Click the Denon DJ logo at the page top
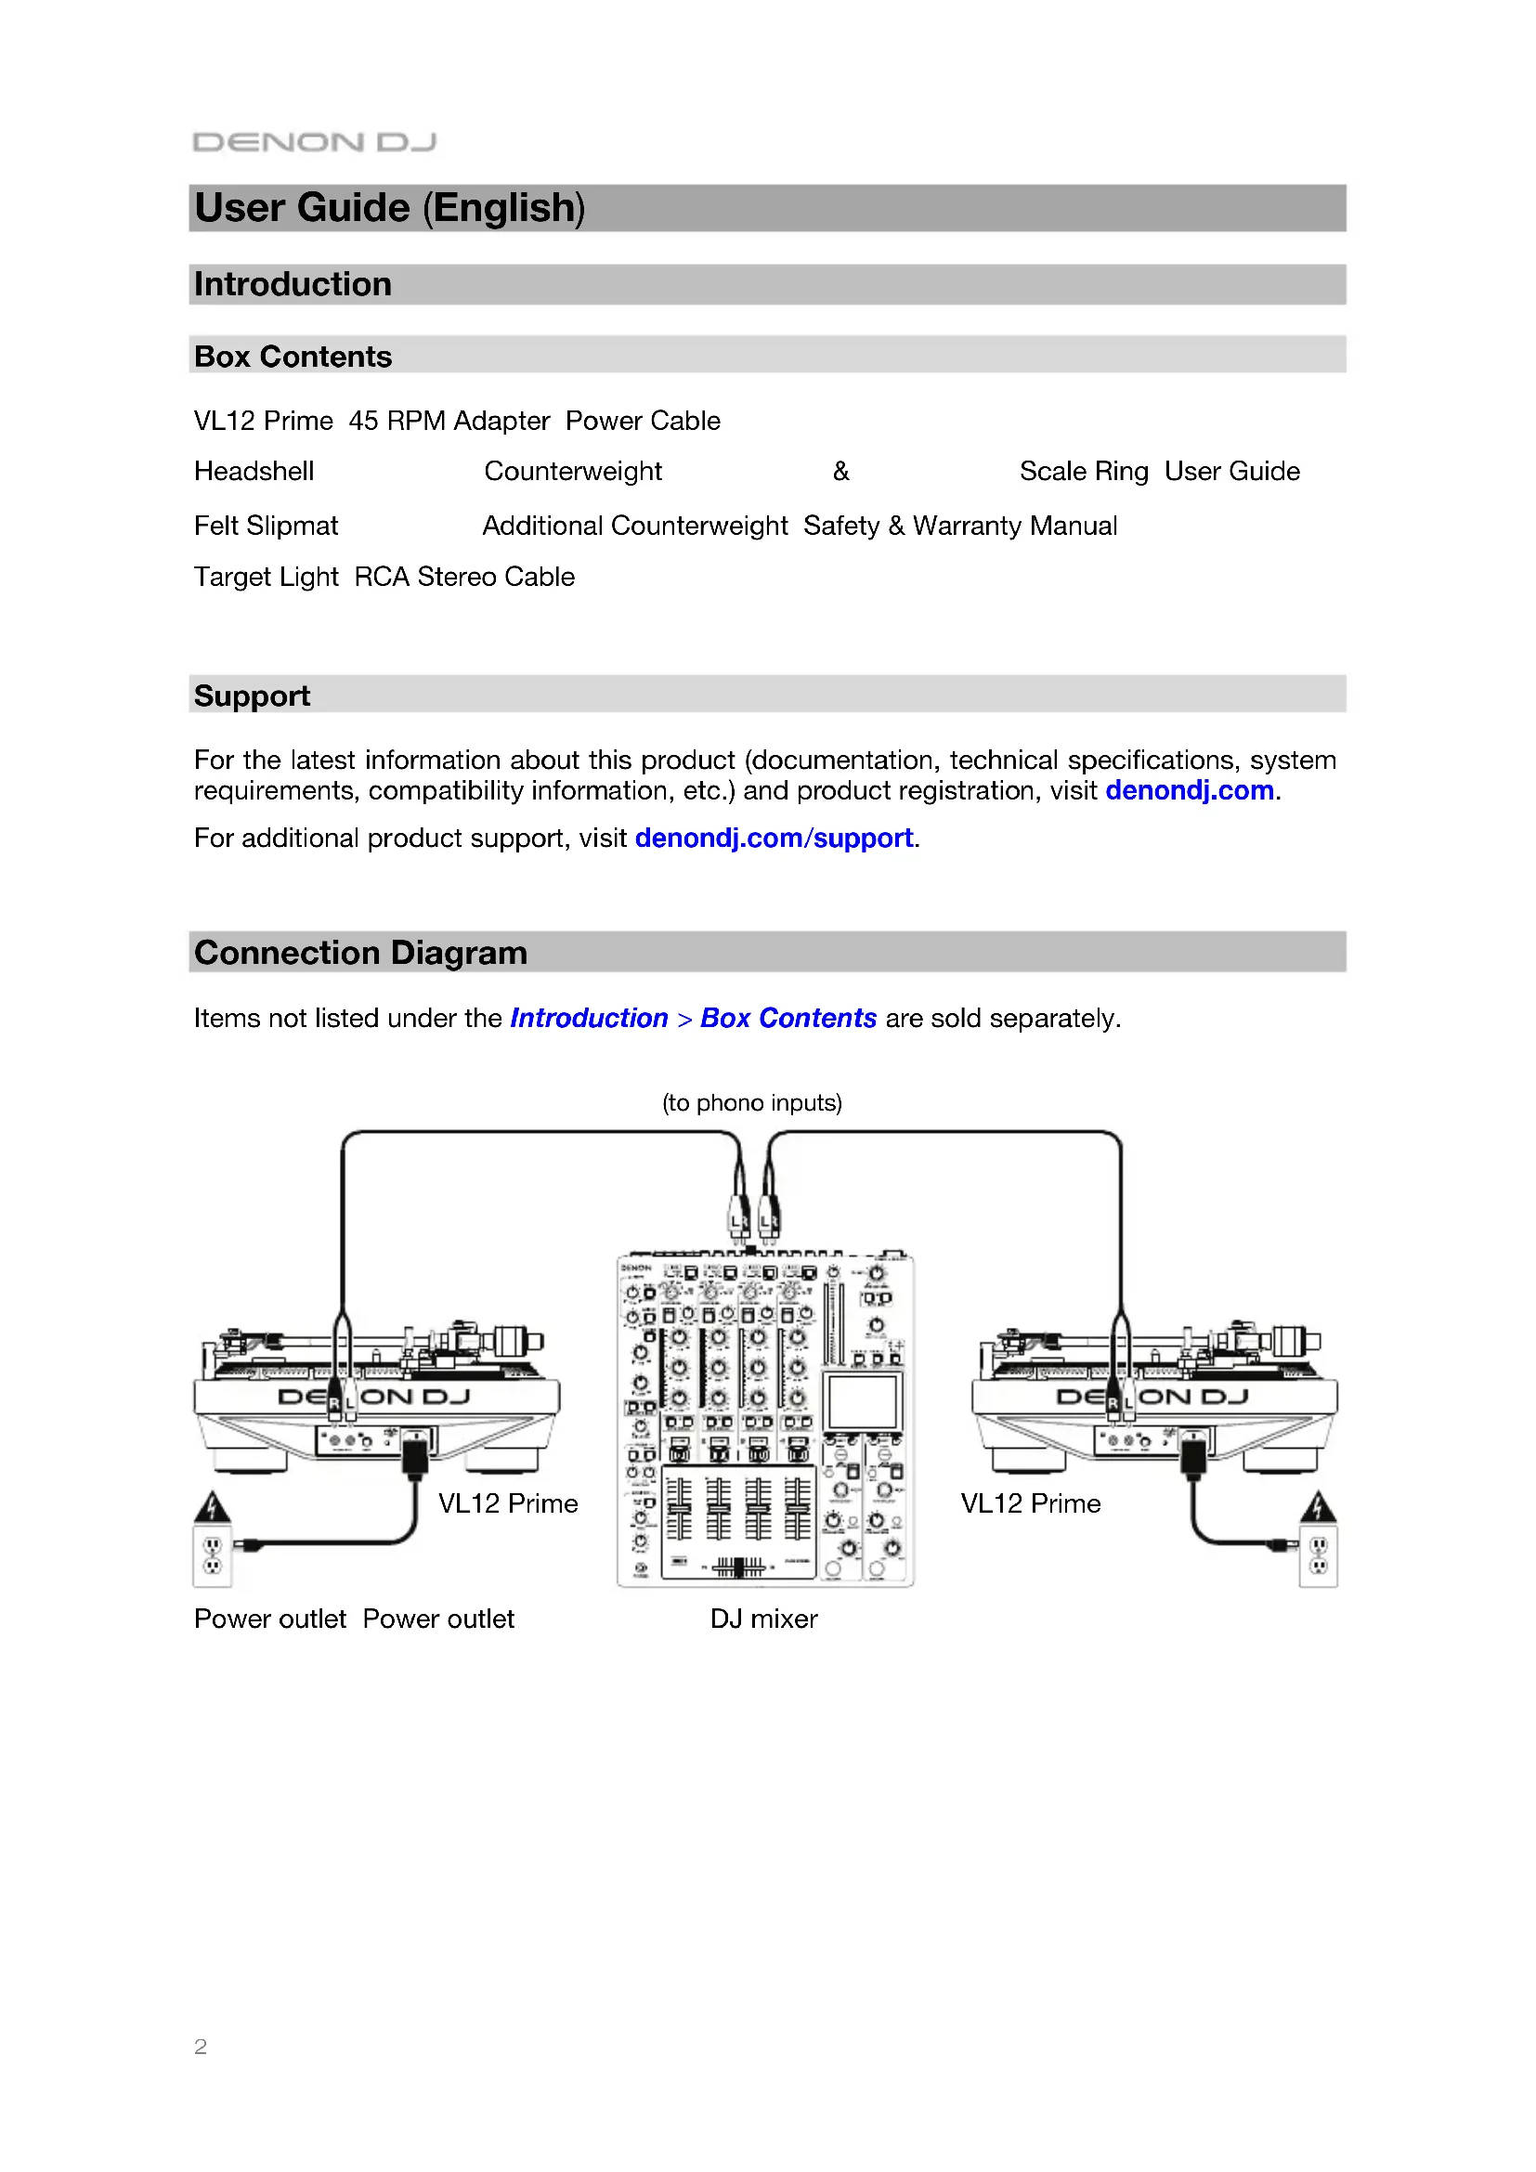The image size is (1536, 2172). pos(314,142)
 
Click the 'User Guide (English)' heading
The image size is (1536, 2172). pos(390,208)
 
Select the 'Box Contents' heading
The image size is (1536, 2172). pos(293,357)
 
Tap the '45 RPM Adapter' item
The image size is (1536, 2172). pos(449,421)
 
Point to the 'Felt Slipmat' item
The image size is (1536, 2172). pos(266,526)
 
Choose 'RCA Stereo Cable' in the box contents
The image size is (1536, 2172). pos(464,577)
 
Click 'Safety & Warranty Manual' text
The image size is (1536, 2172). pos(960,526)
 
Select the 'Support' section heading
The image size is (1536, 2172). pos(252,696)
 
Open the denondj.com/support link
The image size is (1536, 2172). pos(774,839)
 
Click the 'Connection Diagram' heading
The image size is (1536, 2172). pos(360,953)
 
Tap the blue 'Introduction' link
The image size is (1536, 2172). pos(588,1019)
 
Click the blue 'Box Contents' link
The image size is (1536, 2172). pos(788,1019)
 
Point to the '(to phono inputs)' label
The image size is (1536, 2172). pos(752,1103)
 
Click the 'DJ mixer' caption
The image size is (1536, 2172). pos(763,1619)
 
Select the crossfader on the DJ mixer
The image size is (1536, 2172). pos(738,1567)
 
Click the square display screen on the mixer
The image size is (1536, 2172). pos(862,1401)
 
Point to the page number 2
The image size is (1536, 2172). pos(201,2048)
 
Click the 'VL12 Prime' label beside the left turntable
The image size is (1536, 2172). pos(508,1504)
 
